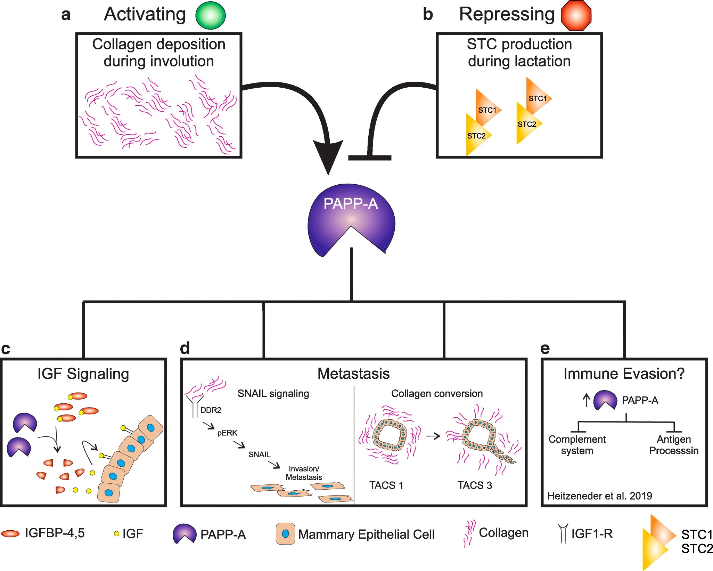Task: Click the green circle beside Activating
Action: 211,15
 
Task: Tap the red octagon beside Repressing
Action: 576,16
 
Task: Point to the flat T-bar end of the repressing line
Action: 370,158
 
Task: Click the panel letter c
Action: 6,349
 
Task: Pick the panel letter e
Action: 545,348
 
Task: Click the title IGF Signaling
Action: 83,374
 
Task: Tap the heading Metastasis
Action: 353,374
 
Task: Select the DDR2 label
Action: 211,410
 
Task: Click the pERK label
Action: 227,433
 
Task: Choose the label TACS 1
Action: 386,485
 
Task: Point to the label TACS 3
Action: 475,485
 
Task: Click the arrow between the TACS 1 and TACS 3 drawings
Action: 433,436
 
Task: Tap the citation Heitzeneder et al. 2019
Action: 599,496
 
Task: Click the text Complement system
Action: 577,445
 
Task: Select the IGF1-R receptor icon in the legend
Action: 563,533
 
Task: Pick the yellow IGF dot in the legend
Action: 117,533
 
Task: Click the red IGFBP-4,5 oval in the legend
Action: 10,533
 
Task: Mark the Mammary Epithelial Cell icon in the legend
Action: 285,533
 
